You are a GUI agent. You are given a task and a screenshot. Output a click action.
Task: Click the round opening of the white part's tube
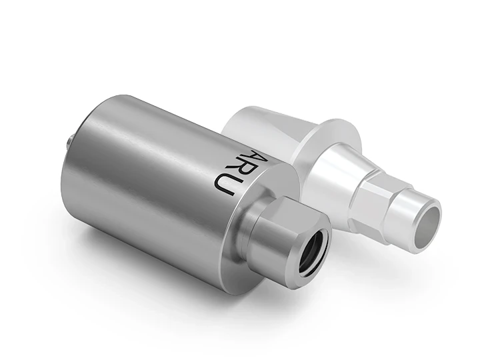pyautogui.click(x=428, y=220)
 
